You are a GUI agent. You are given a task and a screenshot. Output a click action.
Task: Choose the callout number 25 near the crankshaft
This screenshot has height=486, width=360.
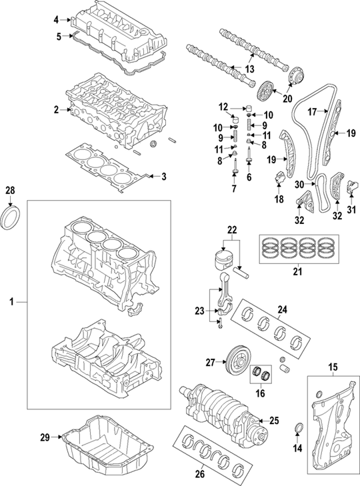275,420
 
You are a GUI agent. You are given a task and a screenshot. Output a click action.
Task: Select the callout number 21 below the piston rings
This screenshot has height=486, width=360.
297,271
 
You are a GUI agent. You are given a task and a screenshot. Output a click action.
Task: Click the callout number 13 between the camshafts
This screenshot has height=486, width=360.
249,69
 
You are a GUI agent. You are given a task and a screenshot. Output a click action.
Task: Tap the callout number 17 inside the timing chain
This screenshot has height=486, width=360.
311,113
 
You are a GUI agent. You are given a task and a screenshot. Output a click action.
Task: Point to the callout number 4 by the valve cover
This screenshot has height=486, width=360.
57,20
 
